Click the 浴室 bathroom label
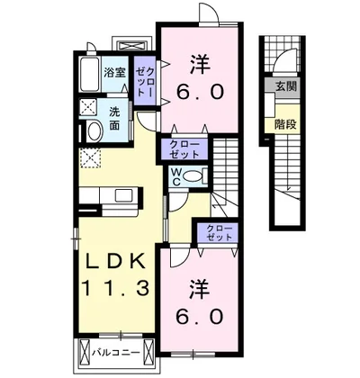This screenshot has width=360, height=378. point(115,73)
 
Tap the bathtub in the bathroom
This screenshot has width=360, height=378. point(90,75)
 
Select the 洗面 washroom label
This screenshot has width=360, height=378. point(114,119)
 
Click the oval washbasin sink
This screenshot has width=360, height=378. point(94,130)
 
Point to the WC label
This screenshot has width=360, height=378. point(175,176)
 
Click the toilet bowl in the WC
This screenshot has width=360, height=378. point(192,175)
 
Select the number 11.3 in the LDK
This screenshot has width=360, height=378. point(115,289)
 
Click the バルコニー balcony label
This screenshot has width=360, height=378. point(115,352)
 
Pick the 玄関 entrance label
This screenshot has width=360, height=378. point(286,86)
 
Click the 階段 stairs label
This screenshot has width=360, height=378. point(285,124)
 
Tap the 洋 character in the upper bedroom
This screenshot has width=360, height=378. point(200,65)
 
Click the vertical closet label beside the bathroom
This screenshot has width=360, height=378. point(145,81)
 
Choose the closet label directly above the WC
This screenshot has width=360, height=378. point(184,149)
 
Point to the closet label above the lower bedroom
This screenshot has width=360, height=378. point(220,232)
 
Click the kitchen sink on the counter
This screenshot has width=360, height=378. point(122,195)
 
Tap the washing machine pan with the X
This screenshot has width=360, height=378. point(89,108)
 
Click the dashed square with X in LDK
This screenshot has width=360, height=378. point(90,157)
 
